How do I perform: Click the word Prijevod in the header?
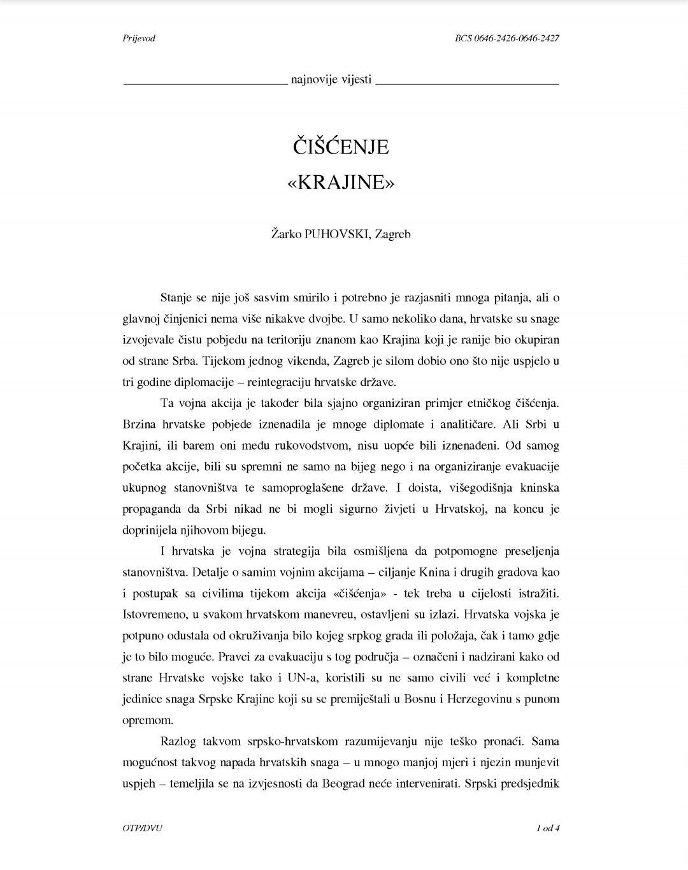[x=138, y=38]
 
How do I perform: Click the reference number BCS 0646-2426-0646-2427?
[x=507, y=38]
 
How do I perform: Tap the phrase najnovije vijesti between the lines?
[x=331, y=80]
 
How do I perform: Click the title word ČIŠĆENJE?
[x=341, y=147]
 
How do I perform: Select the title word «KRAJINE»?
[x=341, y=183]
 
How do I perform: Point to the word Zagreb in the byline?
[x=392, y=234]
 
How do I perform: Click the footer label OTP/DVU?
[x=142, y=829]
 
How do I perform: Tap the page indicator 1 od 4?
[x=548, y=829]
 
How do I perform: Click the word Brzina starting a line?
[x=139, y=424]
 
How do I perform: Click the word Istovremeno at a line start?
[x=153, y=615]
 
